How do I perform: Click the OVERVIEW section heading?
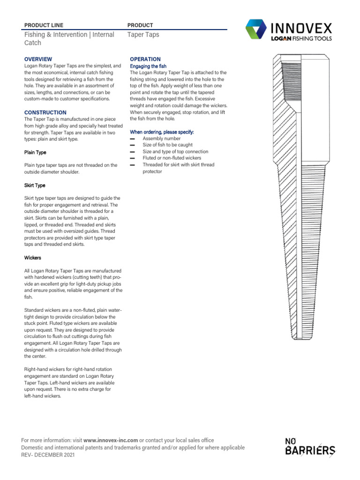(38, 59)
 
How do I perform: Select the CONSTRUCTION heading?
(45, 112)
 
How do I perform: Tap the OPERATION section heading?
(145, 59)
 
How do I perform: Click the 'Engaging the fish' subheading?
(148, 66)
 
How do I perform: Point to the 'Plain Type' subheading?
(35, 152)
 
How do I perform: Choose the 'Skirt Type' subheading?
(35, 185)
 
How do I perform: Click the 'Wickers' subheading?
(32, 258)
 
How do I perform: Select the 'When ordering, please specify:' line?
(161, 132)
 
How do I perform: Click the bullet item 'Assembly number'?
(161, 139)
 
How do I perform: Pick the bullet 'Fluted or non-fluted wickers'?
(172, 158)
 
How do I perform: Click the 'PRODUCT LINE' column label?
(44, 25)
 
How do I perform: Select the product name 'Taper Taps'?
(143, 35)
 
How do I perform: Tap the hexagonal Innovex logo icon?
(256, 30)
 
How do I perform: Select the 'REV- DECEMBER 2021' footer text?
(48, 455)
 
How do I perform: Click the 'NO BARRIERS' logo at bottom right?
(310, 447)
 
